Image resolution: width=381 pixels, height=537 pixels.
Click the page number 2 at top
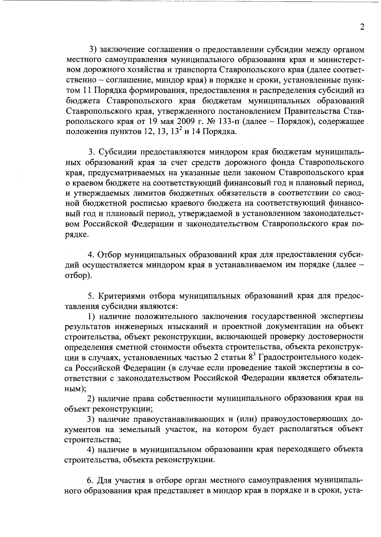point(362,27)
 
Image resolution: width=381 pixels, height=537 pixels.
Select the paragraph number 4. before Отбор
point(91,255)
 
